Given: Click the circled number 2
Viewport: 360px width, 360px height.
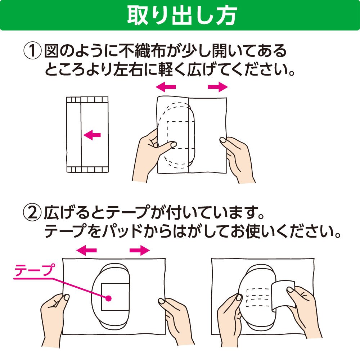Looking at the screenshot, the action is [x=33, y=213].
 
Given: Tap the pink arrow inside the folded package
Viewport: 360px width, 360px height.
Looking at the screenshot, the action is [x=92, y=135].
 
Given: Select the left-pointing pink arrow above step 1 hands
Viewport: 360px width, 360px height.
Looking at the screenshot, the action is [x=166, y=87].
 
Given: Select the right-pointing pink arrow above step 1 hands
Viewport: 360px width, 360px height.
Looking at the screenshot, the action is [x=218, y=87].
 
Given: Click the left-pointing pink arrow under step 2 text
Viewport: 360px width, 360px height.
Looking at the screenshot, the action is [x=86, y=250].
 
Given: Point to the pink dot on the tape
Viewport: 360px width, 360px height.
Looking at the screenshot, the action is [x=108, y=298].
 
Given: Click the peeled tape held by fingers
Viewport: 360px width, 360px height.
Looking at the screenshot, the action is [x=283, y=296].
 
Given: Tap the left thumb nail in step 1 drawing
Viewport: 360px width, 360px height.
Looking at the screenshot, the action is [x=174, y=145].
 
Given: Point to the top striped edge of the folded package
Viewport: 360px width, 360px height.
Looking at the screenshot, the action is [x=87, y=100].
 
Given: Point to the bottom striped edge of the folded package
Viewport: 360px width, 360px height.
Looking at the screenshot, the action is [x=87, y=170].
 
